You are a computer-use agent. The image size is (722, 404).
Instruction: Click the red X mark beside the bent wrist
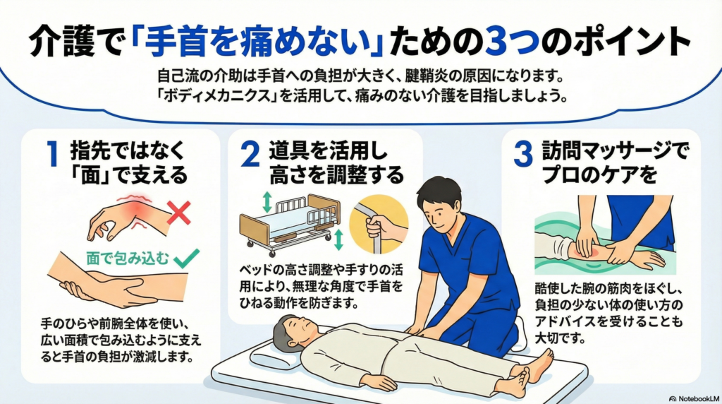tap(179, 212)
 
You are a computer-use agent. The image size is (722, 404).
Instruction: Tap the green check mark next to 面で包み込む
tap(186, 259)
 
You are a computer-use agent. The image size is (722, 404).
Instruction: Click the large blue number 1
tap(53, 154)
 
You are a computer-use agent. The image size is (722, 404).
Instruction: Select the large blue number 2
tap(250, 154)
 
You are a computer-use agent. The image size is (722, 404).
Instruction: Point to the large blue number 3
tap(523, 154)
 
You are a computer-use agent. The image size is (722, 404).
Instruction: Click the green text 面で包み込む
tap(128, 259)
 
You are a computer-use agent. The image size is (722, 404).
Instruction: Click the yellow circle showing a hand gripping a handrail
tap(379, 224)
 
